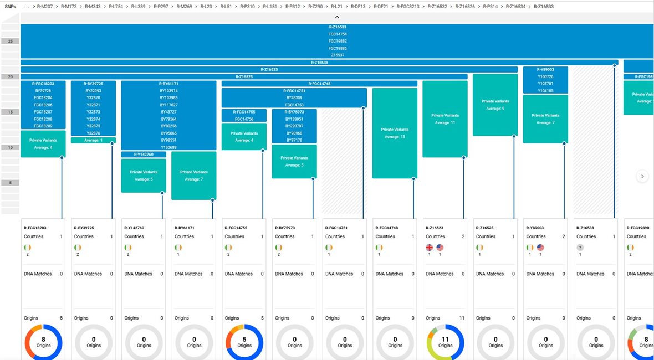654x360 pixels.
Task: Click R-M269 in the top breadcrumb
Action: coord(184,7)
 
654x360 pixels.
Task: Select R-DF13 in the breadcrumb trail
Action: coord(358,7)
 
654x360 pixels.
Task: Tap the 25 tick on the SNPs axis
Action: coord(10,42)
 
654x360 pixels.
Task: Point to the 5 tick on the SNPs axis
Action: coord(10,183)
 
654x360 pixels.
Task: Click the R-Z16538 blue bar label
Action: coord(319,63)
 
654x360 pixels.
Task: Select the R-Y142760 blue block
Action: coord(144,155)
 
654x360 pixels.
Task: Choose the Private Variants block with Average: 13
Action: coord(395,133)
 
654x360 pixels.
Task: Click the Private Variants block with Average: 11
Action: coord(444,119)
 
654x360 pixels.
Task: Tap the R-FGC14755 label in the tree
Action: coord(243,112)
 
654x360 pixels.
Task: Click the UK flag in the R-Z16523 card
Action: coord(429,248)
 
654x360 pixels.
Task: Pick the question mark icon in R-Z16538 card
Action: coord(580,248)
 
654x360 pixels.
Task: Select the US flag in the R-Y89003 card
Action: coord(540,248)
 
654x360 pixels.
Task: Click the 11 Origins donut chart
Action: coord(445,342)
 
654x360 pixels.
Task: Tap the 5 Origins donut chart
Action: coord(244,342)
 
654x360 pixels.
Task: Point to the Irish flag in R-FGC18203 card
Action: coord(28,248)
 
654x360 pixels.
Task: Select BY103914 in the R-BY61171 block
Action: coord(168,90)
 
